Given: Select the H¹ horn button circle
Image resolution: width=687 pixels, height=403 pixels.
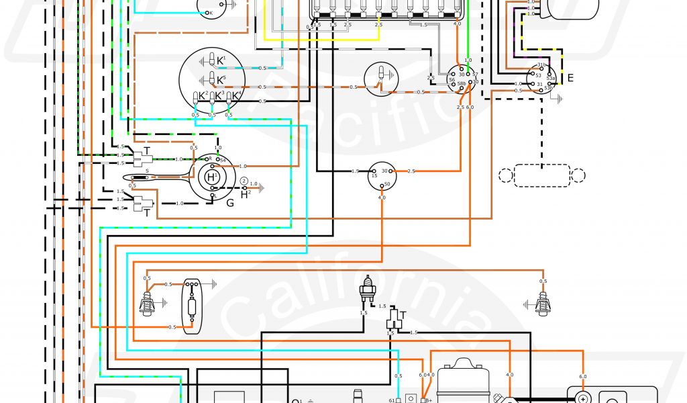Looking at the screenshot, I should point(211,177).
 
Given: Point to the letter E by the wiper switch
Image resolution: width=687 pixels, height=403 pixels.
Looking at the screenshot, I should point(570,77).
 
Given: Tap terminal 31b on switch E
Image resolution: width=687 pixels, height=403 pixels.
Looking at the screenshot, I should point(541,65).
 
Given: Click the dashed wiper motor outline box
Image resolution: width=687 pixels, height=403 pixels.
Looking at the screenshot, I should point(541,175).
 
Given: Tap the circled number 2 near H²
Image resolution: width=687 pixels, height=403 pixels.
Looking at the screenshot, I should point(244,183).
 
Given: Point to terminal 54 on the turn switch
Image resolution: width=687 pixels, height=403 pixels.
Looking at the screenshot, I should point(222,159).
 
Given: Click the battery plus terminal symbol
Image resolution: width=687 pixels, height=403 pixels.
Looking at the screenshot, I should point(582,397).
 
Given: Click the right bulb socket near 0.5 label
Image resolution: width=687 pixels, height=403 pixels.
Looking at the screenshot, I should point(542,304).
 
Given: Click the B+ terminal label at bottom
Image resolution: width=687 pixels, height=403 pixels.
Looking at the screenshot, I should point(427,400).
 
